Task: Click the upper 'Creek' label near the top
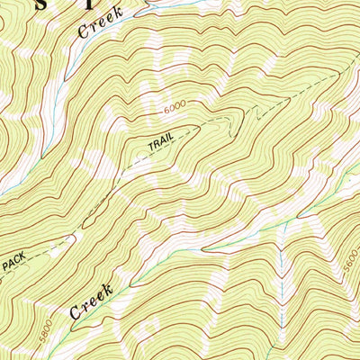100,24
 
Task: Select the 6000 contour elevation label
177,107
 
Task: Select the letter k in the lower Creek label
108,290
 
